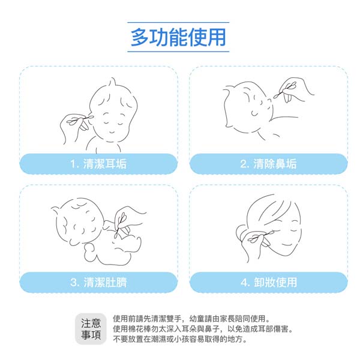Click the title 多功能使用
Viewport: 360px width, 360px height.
pyautogui.click(x=178, y=37)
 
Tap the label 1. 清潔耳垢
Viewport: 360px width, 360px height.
pyautogui.click(x=98, y=164)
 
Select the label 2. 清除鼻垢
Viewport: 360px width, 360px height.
pyautogui.click(x=268, y=164)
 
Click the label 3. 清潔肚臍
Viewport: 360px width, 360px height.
pyautogui.click(x=98, y=282)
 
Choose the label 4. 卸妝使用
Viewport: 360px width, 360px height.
pyautogui.click(x=269, y=282)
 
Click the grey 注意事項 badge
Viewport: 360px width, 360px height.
pyautogui.click(x=91, y=329)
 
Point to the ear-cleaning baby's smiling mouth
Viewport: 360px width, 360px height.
pyautogui.click(x=112, y=132)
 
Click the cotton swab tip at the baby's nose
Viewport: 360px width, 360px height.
pyautogui.click(x=276, y=97)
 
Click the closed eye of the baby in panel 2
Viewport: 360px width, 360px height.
pyautogui.click(x=254, y=113)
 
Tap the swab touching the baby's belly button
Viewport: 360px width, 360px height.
pyautogui.click(x=120, y=224)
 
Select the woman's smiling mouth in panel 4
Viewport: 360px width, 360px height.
pyautogui.click(x=287, y=245)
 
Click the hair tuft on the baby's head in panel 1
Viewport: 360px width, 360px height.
pyautogui.click(x=113, y=82)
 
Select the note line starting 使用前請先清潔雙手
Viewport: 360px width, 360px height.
pyautogui.click(x=191, y=319)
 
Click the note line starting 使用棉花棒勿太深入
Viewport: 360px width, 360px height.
pyautogui.click(x=203, y=329)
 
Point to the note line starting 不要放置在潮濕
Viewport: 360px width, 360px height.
pyautogui.click(x=180, y=339)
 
